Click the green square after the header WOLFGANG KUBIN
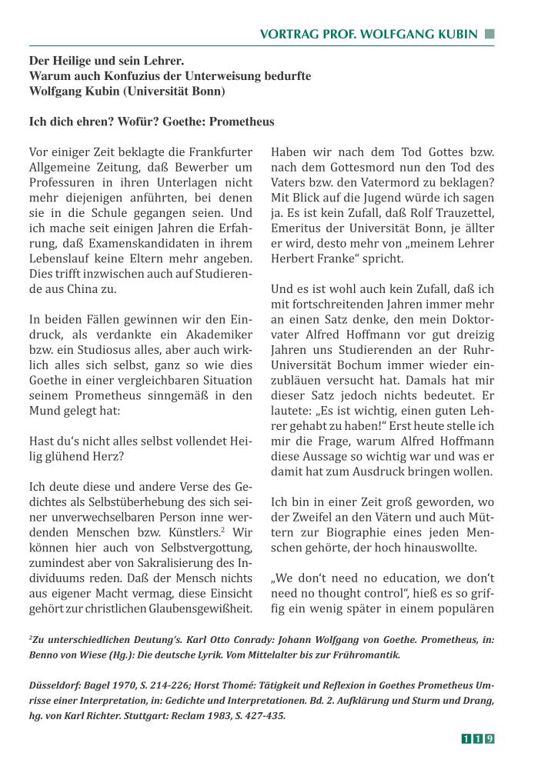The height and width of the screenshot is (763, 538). pyautogui.click(x=490, y=34)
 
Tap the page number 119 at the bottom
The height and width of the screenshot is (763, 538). pyautogui.click(x=477, y=739)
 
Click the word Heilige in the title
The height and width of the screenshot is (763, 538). pyautogui.click(x=76, y=61)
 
